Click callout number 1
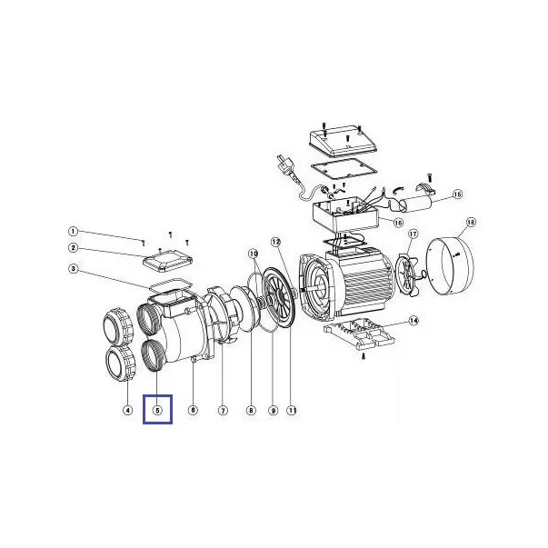point(73,232)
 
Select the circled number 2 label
point(73,248)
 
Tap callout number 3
point(73,269)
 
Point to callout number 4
point(128,410)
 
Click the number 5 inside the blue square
point(157,410)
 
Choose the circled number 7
point(223,410)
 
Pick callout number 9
point(273,410)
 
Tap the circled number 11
point(292,410)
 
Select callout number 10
point(254,253)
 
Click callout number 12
point(276,242)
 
